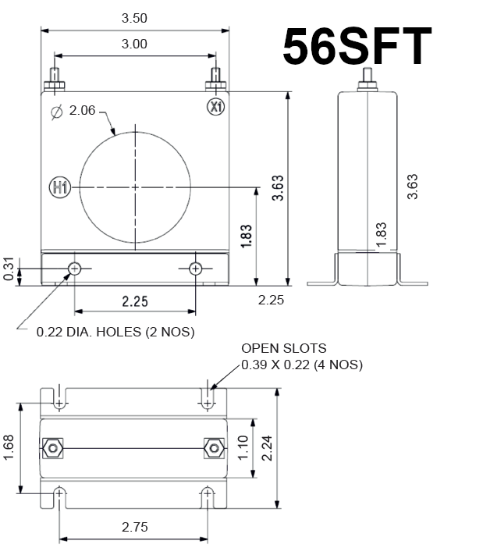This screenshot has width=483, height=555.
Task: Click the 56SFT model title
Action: tap(357, 46)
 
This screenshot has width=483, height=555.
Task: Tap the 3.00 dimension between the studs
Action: tap(134, 44)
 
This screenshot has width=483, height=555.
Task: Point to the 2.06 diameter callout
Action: tap(82, 111)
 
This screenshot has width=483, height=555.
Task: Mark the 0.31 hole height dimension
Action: tap(9, 269)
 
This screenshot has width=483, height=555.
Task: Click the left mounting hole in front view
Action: tap(75, 269)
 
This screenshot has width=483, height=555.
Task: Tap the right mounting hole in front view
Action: tap(195, 269)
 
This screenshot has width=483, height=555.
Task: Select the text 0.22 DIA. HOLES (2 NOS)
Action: tap(115, 332)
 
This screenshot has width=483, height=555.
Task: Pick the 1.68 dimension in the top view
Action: tap(9, 447)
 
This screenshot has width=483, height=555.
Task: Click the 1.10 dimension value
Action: tap(242, 447)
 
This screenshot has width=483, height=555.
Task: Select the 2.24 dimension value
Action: tap(268, 447)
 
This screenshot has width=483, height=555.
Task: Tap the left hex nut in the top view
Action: tap(53, 447)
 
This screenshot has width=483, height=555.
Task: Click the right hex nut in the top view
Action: tap(212, 447)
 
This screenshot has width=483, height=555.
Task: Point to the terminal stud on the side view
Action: tap(368, 80)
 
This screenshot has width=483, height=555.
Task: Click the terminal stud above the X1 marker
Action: tap(215, 80)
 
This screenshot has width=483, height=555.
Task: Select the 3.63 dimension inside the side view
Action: tap(414, 186)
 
